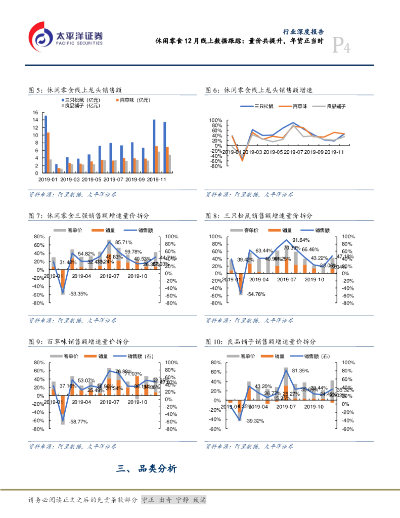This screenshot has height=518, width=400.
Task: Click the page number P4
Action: (x=341, y=47)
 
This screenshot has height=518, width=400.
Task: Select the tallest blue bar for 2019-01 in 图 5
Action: (x=46, y=144)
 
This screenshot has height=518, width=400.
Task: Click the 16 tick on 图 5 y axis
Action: (x=35, y=112)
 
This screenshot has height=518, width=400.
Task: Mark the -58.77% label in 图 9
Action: (x=79, y=421)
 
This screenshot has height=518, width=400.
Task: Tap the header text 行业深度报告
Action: (x=302, y=31)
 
